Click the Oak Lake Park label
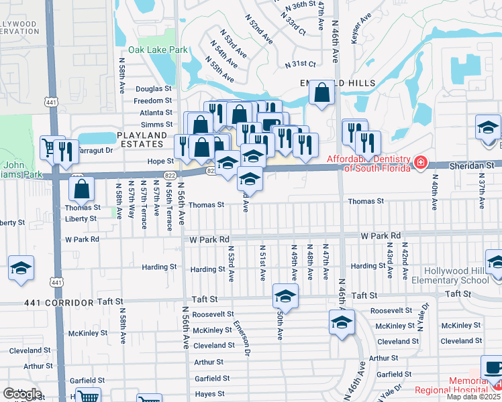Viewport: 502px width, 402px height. pos(158,50)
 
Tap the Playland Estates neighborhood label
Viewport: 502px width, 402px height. pos(141,139)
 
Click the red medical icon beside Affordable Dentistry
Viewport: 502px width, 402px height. pos(420,161)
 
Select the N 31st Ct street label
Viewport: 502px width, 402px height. pos(300,64)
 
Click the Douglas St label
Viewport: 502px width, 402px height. pos(154,88)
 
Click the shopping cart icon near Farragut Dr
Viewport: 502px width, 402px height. pos(48,147)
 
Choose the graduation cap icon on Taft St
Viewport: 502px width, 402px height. pos(285,296)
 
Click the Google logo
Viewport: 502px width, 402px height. pos(22,394)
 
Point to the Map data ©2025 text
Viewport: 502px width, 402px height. pos(473,397)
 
